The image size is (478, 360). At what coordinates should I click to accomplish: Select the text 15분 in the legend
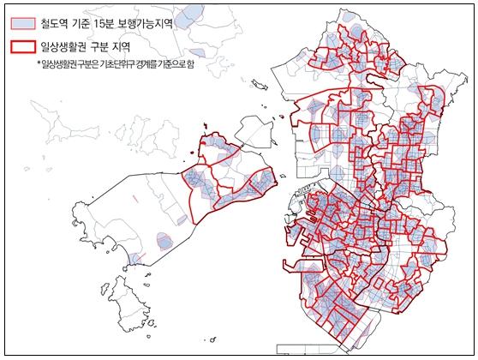(x=122, y=23)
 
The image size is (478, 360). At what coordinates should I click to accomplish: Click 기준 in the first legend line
(x=96, y=23)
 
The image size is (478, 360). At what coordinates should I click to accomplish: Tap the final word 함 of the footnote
(x=190, y=65)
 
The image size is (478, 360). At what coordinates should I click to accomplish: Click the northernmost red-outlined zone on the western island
(x=214, y=147)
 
